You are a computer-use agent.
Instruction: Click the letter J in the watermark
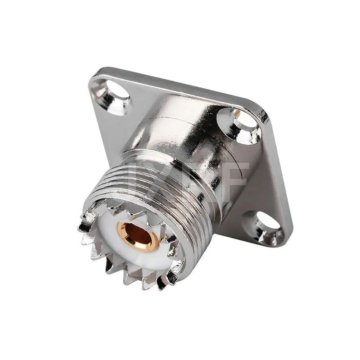(135, 178)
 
